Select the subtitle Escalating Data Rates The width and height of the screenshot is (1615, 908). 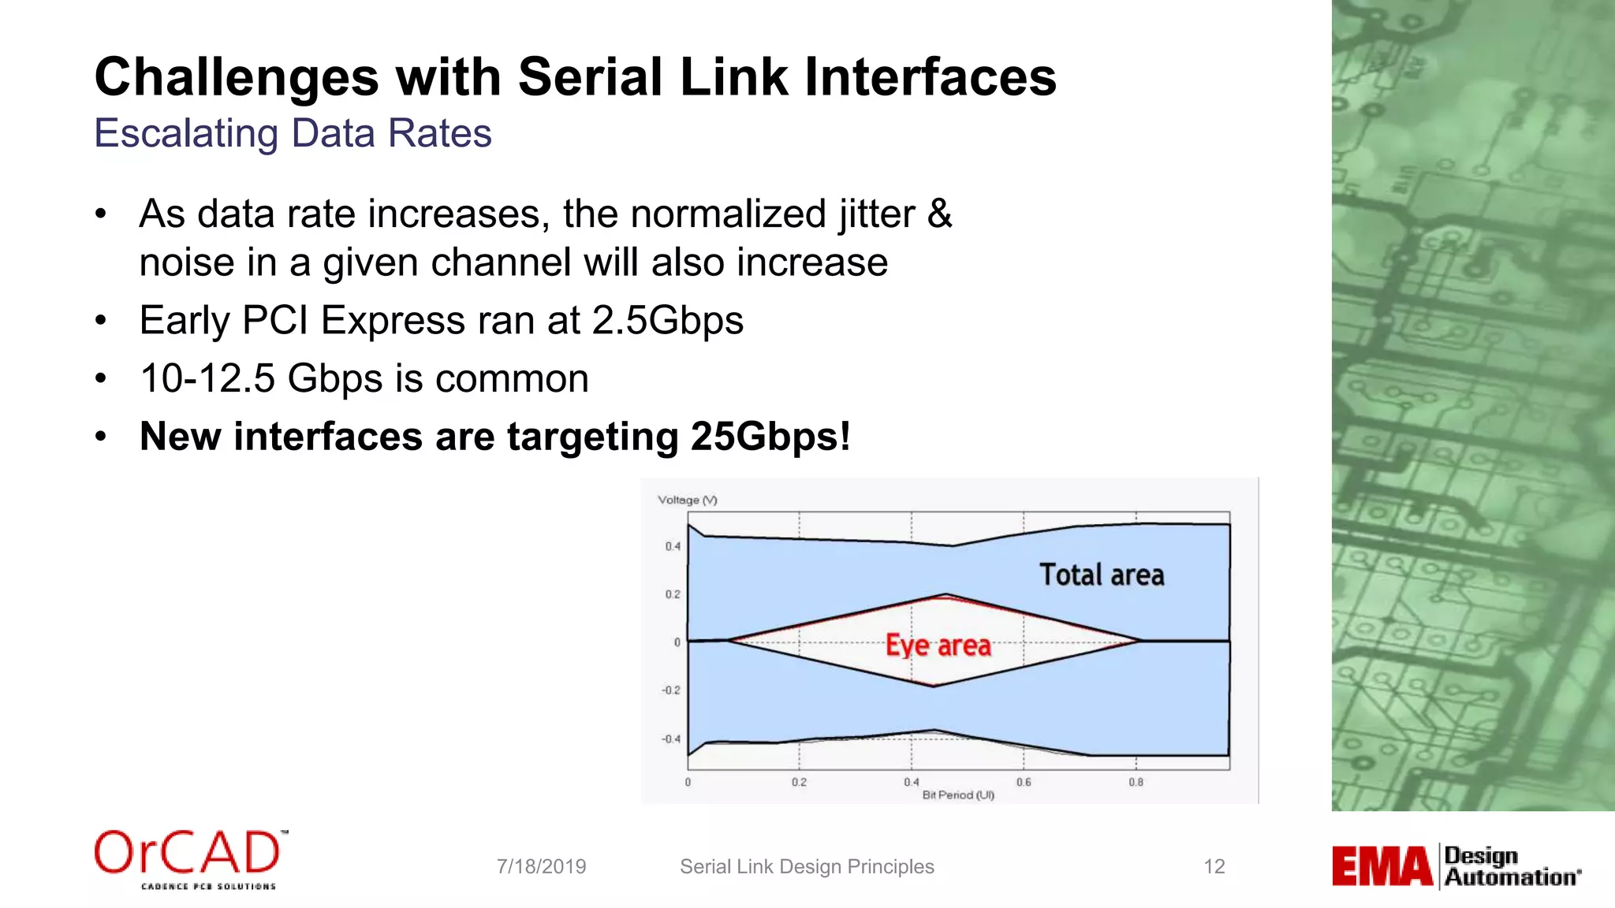tap(293, 133)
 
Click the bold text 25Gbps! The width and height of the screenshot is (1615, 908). tap(770, 437)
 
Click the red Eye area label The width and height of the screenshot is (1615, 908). tap(938, 646)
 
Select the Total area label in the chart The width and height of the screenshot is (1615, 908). tap(1101, 575)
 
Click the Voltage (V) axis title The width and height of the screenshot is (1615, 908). tap(687, 500)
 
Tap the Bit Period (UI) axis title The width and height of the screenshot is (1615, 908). tap(958, 795)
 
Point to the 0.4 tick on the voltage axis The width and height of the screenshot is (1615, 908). tap(672, 546)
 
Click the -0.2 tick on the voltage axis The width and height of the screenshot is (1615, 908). tap(670, 690)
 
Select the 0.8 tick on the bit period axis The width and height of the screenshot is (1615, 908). tap(1136, 783)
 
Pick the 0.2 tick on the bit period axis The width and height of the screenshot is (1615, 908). tap(799, 783)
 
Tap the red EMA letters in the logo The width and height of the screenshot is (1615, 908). tap(1382, 867)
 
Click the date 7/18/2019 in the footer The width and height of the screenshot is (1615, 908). tap(541, 867)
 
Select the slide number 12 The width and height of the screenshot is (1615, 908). tap(1214, 867)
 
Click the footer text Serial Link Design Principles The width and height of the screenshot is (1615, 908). tap(807, 867)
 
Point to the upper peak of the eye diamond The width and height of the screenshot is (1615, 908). tap(946, 595)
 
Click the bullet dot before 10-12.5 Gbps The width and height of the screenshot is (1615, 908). tap(100, 379)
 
